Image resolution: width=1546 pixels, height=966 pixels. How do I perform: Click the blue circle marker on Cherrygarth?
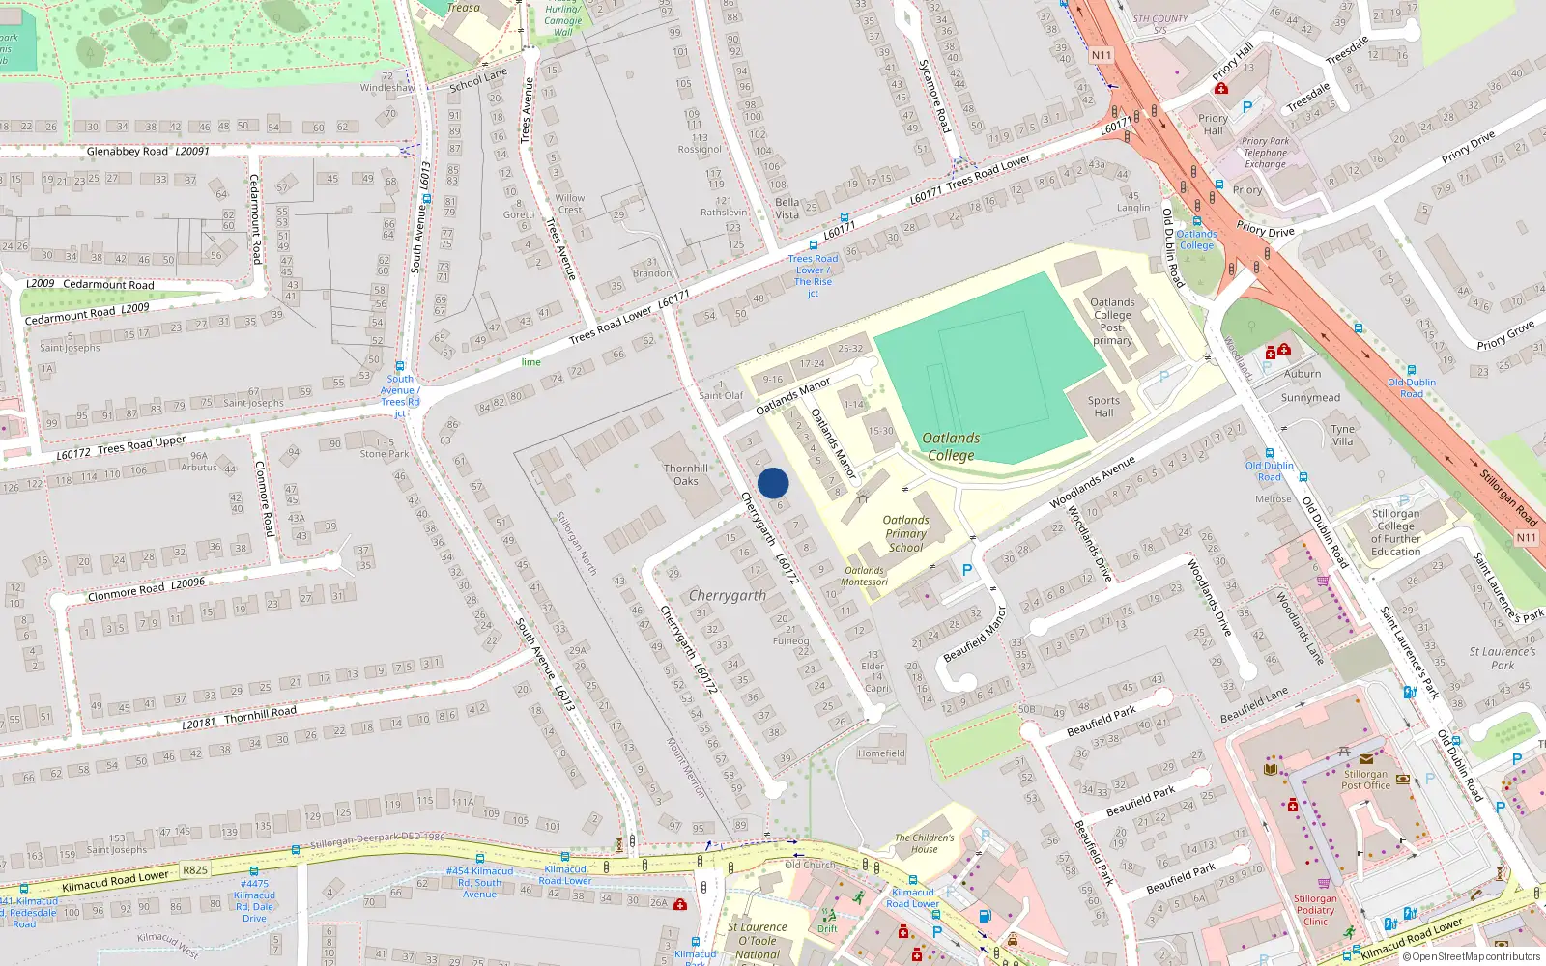[773, 483]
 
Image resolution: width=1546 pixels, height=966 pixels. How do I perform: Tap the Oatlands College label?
[951, 446]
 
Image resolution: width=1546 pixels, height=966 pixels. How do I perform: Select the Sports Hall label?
[1103, 407]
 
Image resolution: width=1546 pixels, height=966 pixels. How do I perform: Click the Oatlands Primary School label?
[905, 533]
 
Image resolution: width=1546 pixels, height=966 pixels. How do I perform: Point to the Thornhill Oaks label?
[686, 474]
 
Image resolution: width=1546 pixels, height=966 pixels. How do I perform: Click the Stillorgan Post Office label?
[1365, 780]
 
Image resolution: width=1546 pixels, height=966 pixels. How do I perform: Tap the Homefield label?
[881, 753]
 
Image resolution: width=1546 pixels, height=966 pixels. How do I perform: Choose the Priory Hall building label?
[1213, 125]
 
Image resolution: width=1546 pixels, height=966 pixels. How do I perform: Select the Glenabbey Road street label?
[128, 152]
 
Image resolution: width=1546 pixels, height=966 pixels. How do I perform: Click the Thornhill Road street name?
[260, 715]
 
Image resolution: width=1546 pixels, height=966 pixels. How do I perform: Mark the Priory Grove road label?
[1505, 334]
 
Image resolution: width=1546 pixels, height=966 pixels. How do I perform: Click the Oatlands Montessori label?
[864, 576]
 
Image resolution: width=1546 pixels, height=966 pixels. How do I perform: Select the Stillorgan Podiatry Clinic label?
[1315, 910]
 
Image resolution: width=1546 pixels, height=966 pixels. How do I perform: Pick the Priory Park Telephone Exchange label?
[1266, 153]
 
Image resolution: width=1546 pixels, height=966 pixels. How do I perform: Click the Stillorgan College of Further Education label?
[1395, 533]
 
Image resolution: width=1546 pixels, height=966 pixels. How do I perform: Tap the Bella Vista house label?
[787, 209]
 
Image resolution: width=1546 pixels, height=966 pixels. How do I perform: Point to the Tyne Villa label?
[1342, 435]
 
